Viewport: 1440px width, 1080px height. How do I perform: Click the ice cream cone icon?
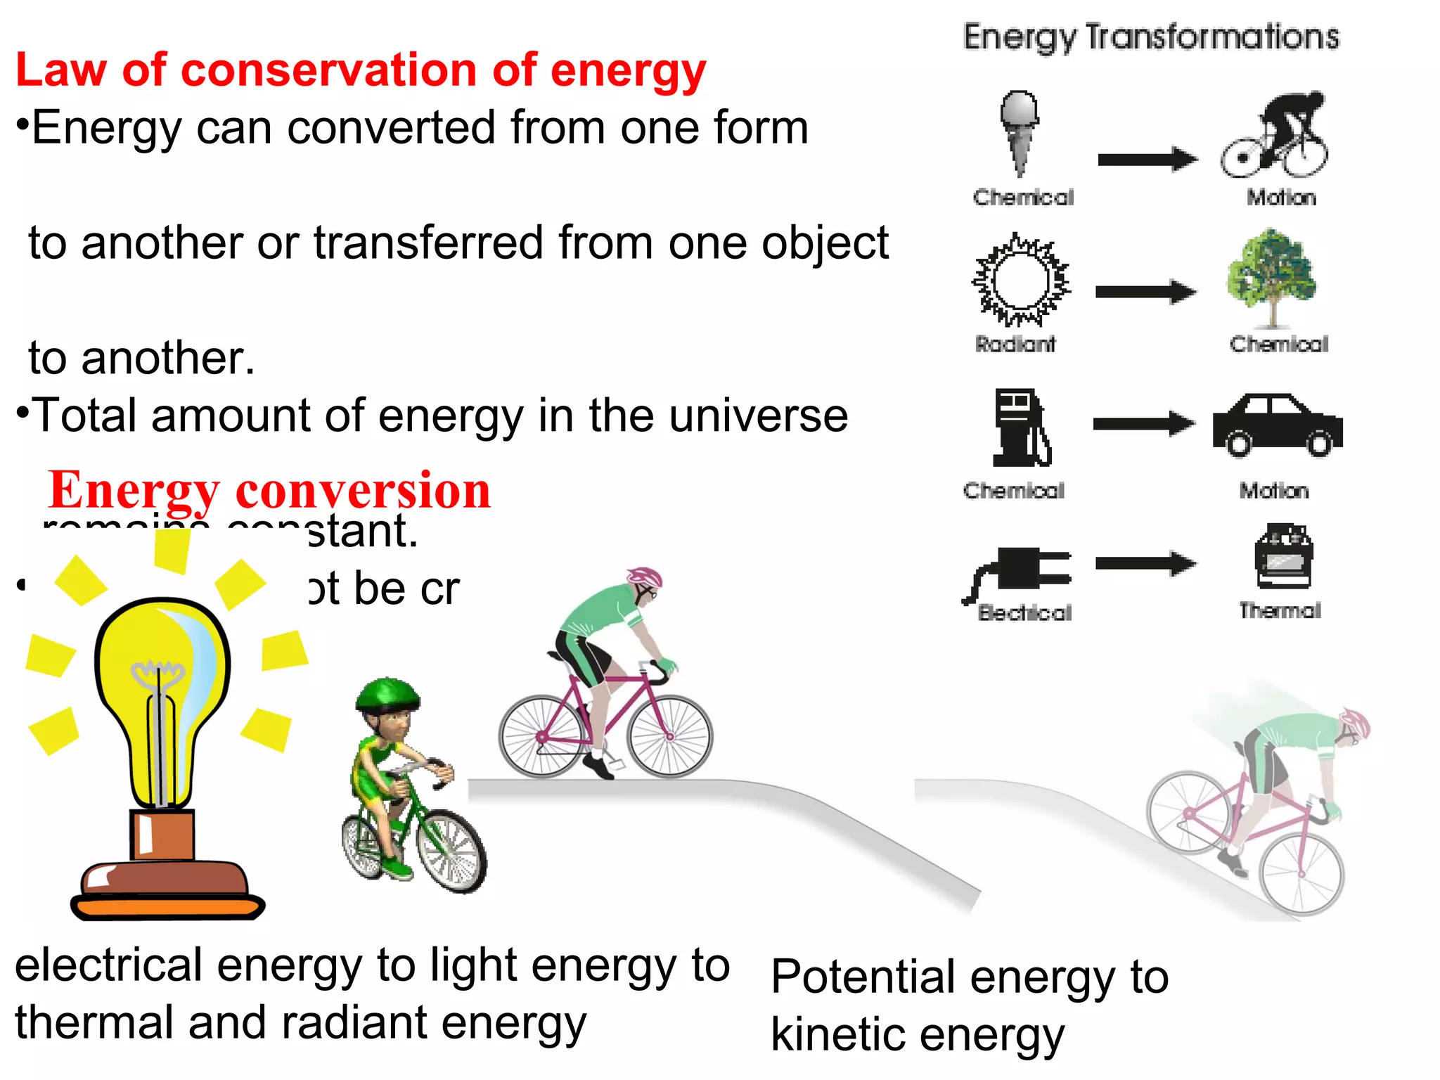[x=1020, y=130]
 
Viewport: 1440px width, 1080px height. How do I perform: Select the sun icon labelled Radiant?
[x=1021, y=280]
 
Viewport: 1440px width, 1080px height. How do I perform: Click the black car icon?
[x=1278, y=424]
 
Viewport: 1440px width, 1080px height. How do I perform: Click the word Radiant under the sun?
[x=1015, y=344]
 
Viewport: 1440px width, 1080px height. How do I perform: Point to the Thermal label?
[x=1280, y=610]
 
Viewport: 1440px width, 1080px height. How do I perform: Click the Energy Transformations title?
[x=1151, y=37]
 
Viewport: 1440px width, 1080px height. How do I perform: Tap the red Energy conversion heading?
[x=269, y=490]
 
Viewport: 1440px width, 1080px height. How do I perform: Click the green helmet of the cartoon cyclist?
[x=387, y=693]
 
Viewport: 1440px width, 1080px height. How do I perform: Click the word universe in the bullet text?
[x=759, y=416]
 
